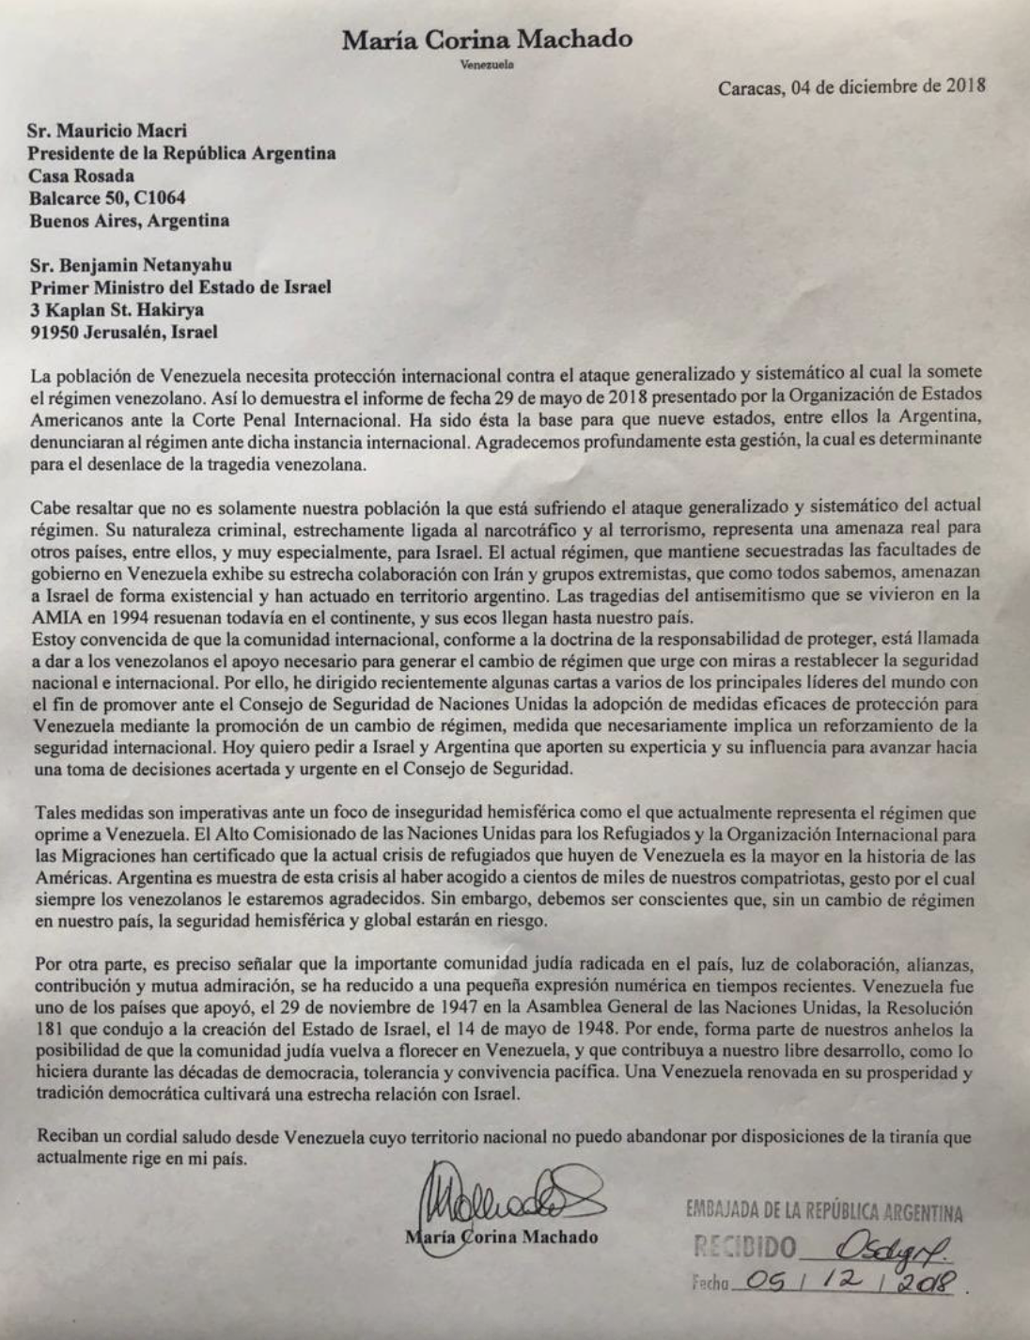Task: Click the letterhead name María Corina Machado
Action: point(487,40)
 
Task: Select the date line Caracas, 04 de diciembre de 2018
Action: point(851,89)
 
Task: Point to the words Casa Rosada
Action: point(82,176)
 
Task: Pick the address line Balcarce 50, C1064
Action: point(107,198)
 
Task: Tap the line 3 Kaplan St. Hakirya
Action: point(117,309)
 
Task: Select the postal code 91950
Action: point(55,332)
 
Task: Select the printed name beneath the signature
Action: point(503,1237)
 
